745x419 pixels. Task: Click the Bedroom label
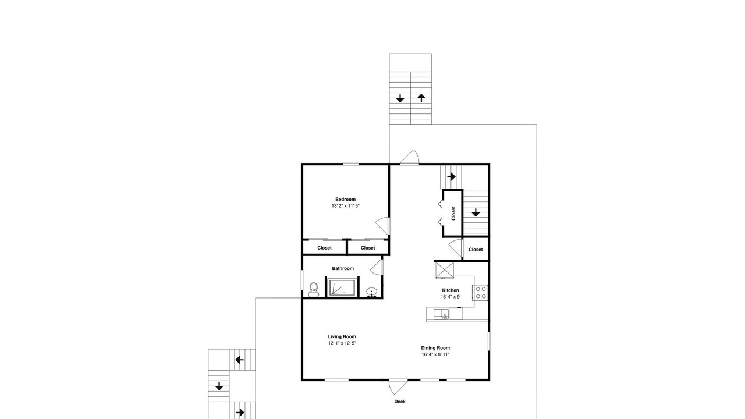click(345, 199)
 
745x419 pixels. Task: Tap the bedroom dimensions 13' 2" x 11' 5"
click(345, 206)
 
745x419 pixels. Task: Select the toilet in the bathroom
click(314, 290)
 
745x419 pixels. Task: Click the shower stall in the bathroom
click(342, 287)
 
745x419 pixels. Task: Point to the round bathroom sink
click(371, 292)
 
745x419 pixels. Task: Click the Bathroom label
click(343, 268)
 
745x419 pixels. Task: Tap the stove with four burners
click(480, 293)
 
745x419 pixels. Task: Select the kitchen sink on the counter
click(441, 314)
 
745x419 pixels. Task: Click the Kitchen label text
click(450, 290)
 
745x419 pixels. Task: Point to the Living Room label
click(342, 336)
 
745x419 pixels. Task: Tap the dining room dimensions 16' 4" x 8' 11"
click(435, 354)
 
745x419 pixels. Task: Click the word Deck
click(400, 402)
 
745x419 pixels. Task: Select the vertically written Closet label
click(453, 213)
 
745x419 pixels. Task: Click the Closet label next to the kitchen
click(476, 250)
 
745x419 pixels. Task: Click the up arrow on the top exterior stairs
click(421, 98)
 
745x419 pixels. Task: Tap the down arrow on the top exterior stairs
click(400, 98)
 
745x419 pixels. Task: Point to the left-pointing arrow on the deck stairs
click(239, 360)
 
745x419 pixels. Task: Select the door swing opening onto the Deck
click(398, 388)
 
